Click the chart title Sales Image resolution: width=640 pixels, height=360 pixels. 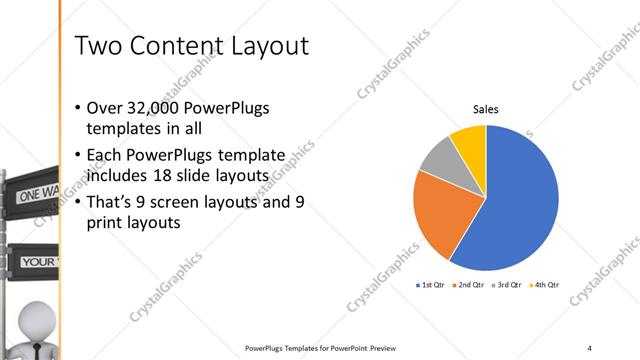[x=485, y=111]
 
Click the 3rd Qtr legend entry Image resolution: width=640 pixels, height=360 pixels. [x=508, y=285]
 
